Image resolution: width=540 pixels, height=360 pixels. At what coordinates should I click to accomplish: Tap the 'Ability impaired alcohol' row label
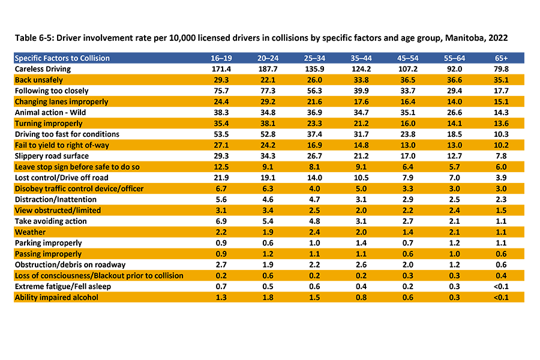click(56, 297)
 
